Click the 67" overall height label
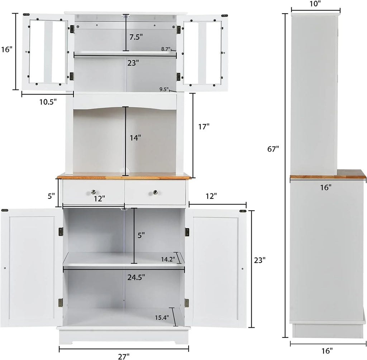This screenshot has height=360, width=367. click(273, 149)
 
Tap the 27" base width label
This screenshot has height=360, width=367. click(124, 356)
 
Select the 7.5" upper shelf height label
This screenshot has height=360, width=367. click(136, 37)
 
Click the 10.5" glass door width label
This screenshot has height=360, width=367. click(48, 102)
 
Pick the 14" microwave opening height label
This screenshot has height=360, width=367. click(135, 137)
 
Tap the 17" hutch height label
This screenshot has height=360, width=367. click(203, 126)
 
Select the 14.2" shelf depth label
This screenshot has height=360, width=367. click(168, 258)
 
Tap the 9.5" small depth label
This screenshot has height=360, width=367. click(164, 90)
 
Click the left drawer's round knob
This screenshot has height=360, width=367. click(94, 192)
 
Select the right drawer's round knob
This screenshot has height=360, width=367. click(155, 192)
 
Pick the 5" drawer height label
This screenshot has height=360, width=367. click(51, 196)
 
